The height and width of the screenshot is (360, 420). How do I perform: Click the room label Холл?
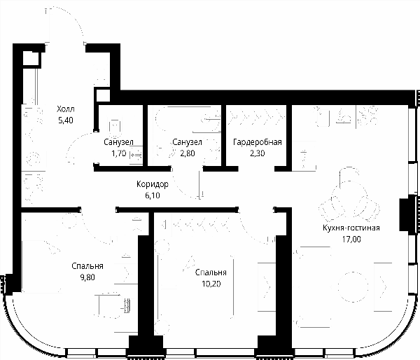(66, 109)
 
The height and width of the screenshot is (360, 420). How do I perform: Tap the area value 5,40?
(66, 120)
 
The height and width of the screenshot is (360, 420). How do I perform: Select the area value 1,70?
(119, 153)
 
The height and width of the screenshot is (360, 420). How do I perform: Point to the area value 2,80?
(187, 153)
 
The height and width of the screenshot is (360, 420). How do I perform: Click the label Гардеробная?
(258, 141)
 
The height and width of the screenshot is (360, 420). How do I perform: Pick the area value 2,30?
(258, 153)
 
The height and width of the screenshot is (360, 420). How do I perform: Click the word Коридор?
(153, 184)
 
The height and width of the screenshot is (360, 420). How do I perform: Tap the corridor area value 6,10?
(153, 195)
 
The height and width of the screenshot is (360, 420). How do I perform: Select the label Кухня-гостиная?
(351, 228)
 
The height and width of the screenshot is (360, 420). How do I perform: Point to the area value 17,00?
(351, 239)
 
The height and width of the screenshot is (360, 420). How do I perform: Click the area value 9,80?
(87, 277)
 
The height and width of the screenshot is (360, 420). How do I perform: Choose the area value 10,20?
(211, 284)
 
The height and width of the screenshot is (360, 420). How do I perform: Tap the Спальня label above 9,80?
(87, 266)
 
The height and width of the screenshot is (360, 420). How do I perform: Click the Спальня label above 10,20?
(211, 272)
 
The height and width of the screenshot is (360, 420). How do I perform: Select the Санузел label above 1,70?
(119, 142)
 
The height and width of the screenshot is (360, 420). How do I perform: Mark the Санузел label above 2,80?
(187, 142)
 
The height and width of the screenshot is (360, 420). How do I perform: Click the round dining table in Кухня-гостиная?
(353, 287)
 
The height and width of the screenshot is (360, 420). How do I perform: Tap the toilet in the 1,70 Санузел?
(115, 128)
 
